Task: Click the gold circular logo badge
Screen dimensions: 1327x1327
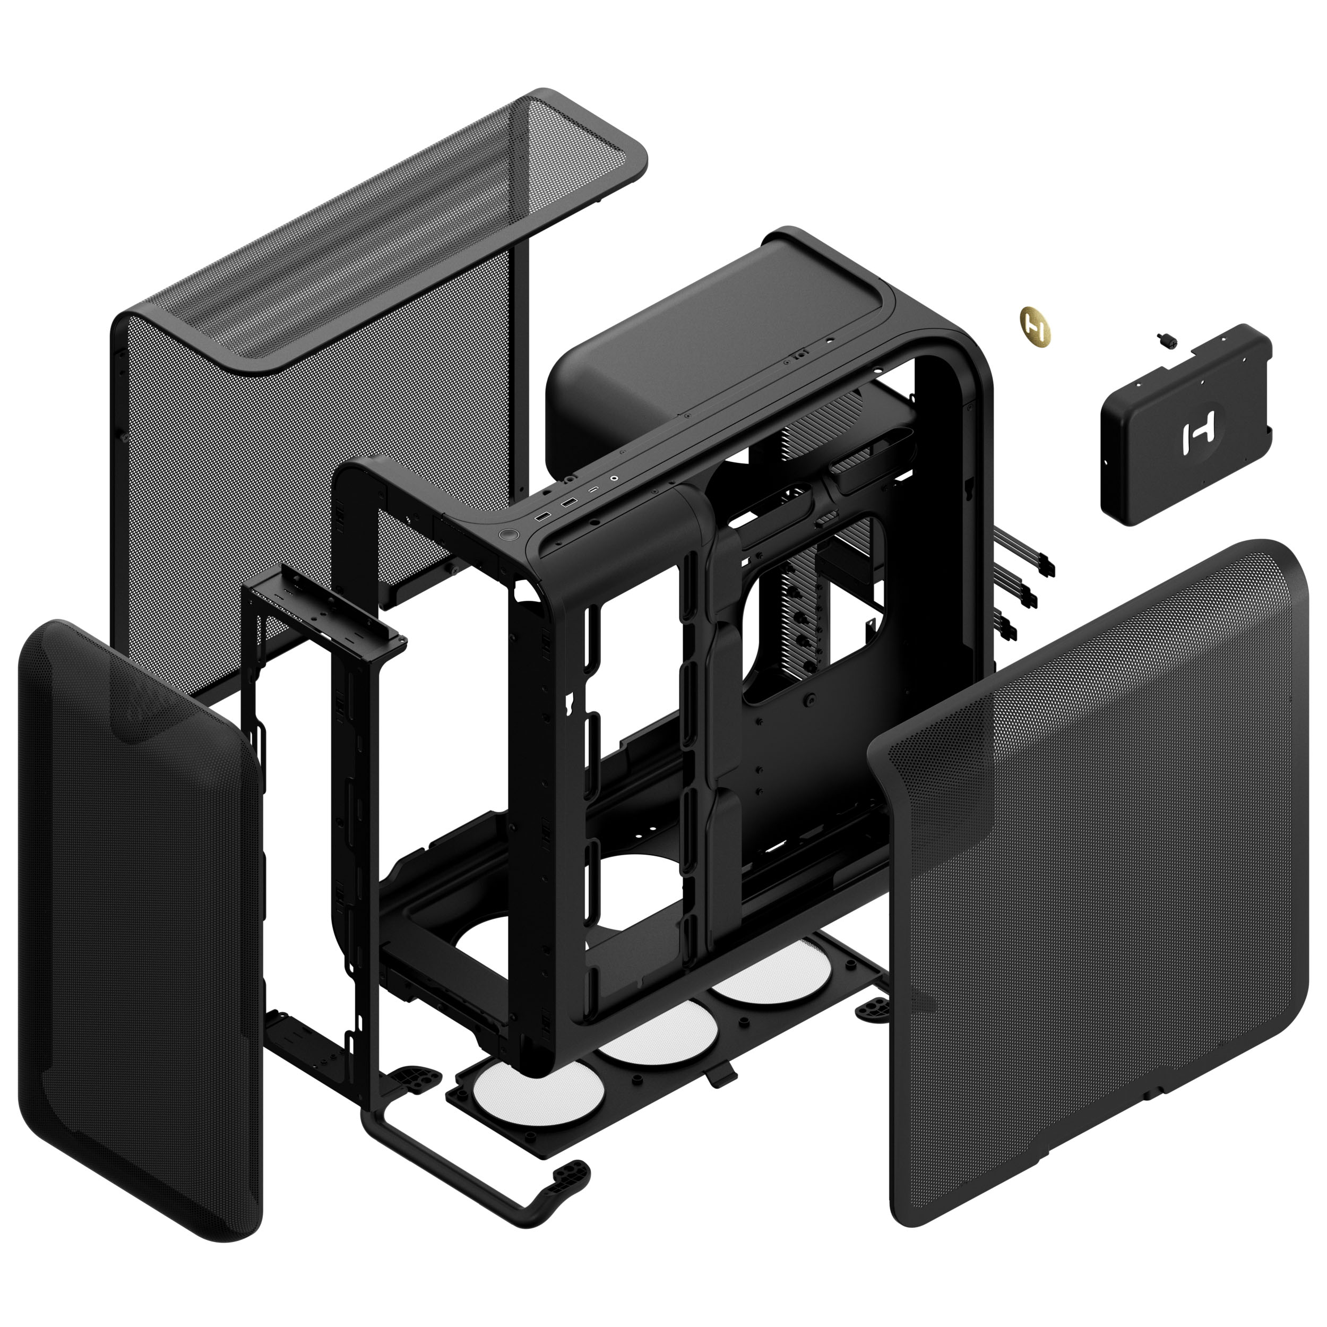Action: point(1035,325)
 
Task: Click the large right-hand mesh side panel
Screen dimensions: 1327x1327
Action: point(1099,893)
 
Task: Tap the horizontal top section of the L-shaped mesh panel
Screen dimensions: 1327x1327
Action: point(385,227)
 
